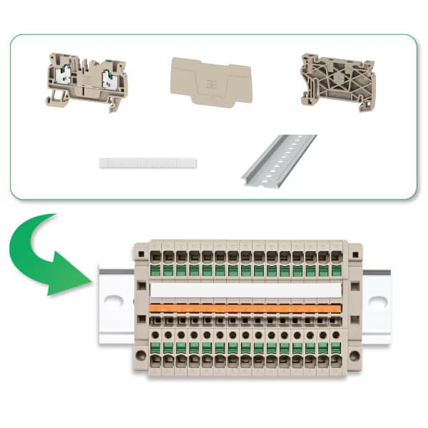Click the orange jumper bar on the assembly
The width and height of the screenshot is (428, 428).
pos(245,308)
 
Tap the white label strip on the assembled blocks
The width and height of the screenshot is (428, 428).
pos(245,290)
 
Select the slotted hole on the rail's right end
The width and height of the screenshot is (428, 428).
pos(379,302)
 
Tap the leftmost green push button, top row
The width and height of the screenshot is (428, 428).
pos(156,270)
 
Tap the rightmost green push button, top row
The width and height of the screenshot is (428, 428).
pos(335,270)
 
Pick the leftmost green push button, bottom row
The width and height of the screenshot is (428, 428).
pos(156,348)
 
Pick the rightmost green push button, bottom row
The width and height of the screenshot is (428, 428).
pos(335,348)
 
